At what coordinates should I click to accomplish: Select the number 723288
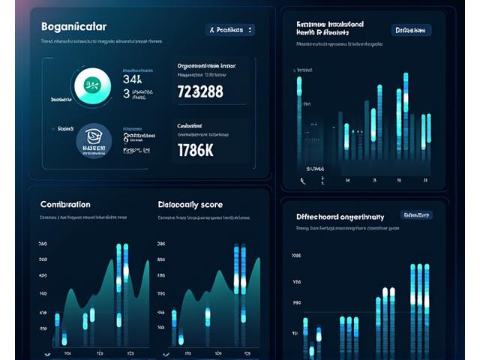(199, 92)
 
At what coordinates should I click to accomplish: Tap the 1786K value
(195, 149)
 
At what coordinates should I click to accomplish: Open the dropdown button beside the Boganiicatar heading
(230, 30)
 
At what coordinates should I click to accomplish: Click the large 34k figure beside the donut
(132, 78)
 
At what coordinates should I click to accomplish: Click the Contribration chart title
(65, 204)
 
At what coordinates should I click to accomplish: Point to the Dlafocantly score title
(190, 204)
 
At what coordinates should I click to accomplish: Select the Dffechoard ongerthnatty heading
(340, 216)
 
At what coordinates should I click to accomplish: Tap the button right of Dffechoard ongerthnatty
(415, 215)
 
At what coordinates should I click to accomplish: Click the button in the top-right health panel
(412, 30)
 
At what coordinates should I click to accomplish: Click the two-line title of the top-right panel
(330, 28)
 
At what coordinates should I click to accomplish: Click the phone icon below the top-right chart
(303, 181)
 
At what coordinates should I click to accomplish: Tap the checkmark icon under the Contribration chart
(46, 353)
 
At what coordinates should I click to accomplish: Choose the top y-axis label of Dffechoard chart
(295, 256)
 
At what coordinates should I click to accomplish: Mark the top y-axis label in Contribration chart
(43, 244)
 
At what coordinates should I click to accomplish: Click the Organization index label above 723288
(205, 66)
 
